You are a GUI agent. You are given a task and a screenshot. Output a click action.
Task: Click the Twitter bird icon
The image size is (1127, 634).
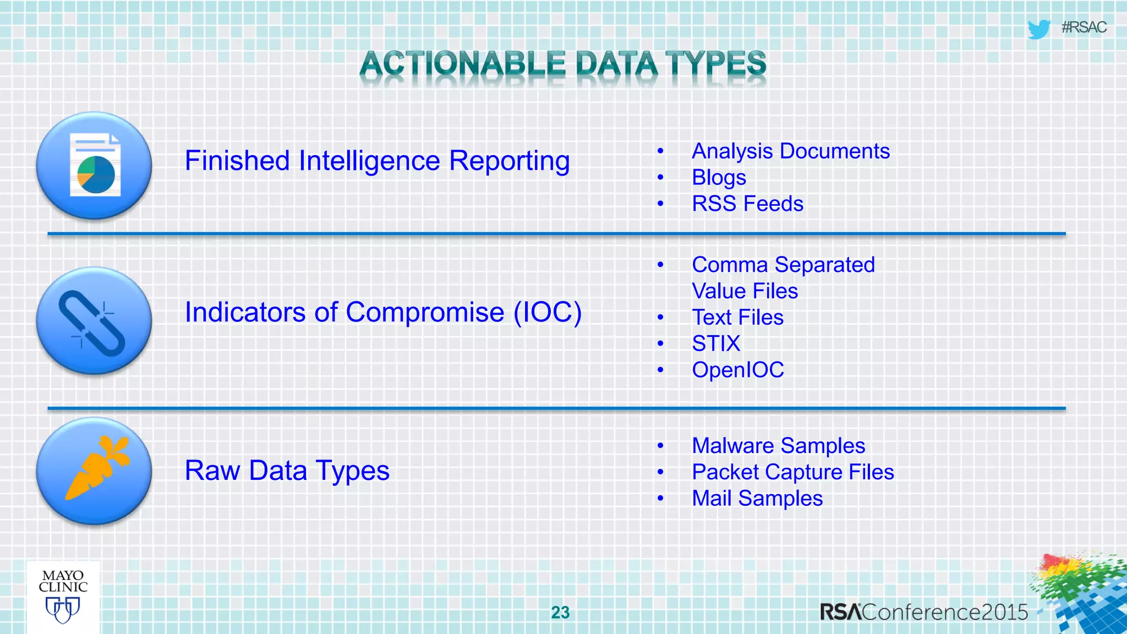click(1038, 29)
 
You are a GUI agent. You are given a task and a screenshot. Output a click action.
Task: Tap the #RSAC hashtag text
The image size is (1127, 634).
click(1084, 28)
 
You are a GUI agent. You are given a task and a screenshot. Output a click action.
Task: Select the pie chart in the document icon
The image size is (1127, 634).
click(96, 174)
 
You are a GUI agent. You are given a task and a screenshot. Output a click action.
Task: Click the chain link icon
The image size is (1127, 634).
click(92, 323)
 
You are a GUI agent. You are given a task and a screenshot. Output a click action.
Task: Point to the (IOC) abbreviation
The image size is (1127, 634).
click(548, 313)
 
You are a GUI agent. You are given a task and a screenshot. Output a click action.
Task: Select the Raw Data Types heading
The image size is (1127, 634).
click(287, 471)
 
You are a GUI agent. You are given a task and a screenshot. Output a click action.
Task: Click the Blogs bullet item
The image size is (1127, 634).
click(719, 178)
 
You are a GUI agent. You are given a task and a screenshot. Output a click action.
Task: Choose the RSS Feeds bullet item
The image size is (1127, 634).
click(747, 204)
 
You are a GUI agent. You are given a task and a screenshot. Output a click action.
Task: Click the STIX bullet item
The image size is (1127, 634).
click(716, 344)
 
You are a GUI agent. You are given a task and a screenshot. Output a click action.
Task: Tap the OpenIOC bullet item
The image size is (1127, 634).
click(737, 370)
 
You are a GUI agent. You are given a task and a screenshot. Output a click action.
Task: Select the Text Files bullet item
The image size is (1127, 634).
click(737, 318)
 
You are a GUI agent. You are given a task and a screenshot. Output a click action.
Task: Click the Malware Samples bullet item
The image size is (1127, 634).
click(778, 446)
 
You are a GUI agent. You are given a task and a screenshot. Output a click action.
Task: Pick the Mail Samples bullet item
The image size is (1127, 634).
click(757, 499)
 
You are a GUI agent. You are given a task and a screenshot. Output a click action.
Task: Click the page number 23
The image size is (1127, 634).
click(560, 613)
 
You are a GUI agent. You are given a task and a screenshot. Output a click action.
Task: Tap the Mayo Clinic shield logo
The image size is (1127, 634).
click(63, 610)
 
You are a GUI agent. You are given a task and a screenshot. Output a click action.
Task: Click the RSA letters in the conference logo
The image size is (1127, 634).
click(840, 613)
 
